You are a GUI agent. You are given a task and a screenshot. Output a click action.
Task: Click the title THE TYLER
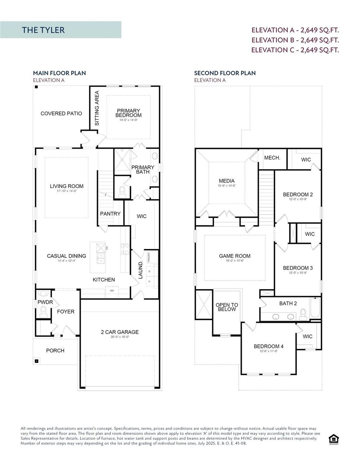43,30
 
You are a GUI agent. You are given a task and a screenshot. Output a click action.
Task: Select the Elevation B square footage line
295,40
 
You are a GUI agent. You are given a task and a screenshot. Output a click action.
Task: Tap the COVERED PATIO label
61,114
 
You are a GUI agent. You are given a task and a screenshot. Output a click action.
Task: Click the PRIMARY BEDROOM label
129,113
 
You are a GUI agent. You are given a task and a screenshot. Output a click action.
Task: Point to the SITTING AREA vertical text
97,108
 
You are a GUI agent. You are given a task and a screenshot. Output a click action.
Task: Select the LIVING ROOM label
66,186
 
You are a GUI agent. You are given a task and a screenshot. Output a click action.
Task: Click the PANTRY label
110,214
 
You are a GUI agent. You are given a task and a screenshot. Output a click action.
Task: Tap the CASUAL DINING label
66,256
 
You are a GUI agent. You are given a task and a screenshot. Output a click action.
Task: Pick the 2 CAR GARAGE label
120,332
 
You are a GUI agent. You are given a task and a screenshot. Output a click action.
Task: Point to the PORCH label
55,351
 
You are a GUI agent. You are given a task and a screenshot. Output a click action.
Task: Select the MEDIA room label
226,181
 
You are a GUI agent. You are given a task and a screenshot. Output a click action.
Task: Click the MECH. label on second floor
272,158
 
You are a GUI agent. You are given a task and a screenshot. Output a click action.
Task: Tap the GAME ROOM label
234,256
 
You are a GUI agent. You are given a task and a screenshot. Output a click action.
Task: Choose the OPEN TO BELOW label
227,307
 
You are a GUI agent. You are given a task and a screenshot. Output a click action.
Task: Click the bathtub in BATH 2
315,308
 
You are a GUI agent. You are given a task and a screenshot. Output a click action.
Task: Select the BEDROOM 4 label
269,346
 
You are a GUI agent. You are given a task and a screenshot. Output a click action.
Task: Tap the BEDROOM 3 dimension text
297,273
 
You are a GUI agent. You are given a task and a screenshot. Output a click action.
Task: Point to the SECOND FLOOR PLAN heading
225,73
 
